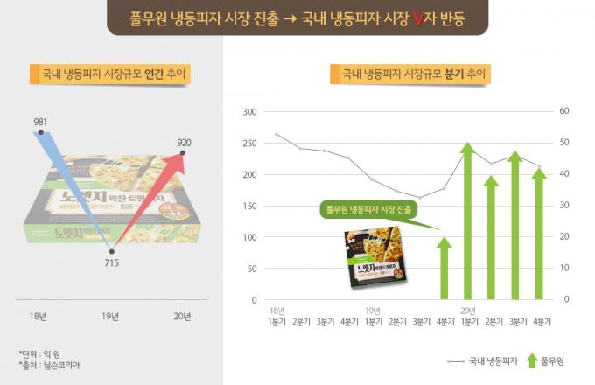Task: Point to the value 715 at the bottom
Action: point(113,263)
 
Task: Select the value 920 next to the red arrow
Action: point(184,142)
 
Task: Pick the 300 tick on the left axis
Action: point(249,112)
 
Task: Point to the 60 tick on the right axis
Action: point(564,112)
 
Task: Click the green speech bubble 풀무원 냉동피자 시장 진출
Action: point(368,210)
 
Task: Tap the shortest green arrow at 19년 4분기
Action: point(444,267)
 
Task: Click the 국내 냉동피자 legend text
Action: point(494,360)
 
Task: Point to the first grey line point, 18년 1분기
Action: point(276,134)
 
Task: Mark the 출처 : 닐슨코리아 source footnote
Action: point(49,366)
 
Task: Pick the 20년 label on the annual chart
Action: point(182,316)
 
